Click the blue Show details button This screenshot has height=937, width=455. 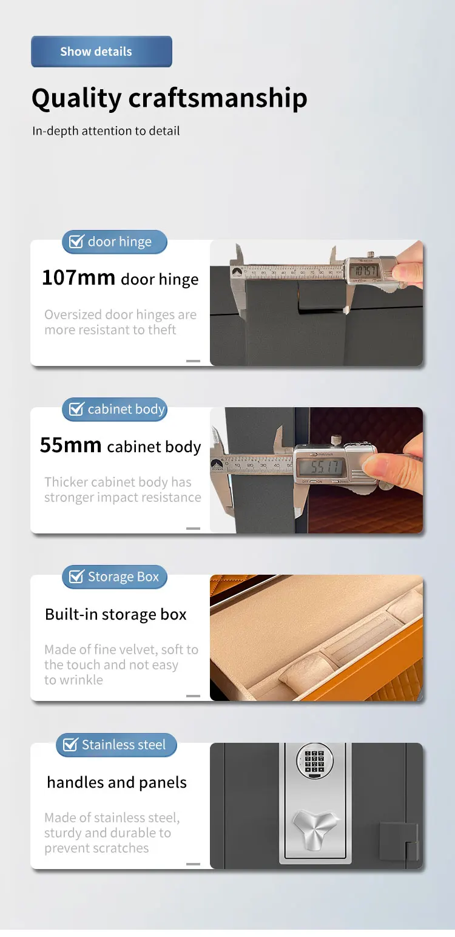101,52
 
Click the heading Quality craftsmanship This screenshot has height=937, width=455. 169,98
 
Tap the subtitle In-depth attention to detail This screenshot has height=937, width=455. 106,130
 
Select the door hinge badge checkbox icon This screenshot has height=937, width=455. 76,242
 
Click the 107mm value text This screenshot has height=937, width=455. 78,278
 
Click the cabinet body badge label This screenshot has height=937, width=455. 126,410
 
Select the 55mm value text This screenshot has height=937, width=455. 70,445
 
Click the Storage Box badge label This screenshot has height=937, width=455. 123,577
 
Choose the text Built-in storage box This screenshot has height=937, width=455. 116,614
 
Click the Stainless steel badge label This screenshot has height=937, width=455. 124,745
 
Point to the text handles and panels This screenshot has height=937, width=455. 116,782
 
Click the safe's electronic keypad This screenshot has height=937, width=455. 314,761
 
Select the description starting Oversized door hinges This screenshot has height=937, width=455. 120,322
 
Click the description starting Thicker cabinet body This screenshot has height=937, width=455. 122,490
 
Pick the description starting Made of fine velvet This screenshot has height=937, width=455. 121,665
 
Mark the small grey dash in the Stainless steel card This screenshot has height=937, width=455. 193,863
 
